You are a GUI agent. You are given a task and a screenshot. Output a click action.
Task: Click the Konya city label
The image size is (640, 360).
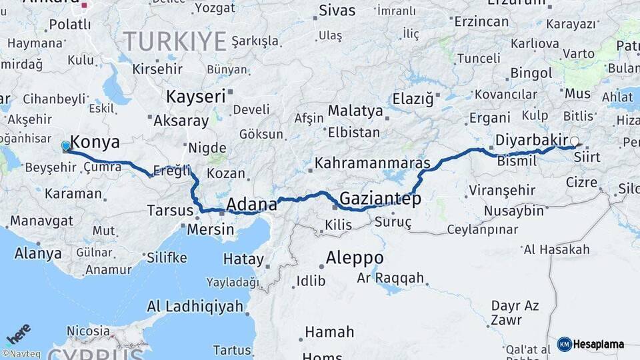tap(95, 142)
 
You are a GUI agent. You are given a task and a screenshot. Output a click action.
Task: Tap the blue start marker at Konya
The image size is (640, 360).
tap(65, 145)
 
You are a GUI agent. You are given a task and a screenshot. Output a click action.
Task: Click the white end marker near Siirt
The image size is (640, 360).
tap(574, 141)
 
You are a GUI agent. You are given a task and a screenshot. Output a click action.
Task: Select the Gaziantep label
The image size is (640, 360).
tap(380, 199)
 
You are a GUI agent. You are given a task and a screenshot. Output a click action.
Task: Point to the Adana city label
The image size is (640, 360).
tap(251, 203)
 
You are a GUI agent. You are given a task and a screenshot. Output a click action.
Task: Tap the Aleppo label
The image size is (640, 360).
tap(355, 258)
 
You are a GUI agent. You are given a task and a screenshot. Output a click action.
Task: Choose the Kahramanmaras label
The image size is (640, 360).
tap(372, 163)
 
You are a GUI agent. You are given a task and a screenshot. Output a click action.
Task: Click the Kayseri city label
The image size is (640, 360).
tap(195, 97)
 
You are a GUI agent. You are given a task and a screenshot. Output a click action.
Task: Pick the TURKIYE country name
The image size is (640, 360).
tap(175, 41)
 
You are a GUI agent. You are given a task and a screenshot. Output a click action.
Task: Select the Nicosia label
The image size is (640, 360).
tap(88, 331)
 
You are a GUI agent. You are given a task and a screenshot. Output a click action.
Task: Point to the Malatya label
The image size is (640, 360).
tap(355, 111)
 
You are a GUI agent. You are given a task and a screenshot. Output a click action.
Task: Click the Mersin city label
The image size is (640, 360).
tap(211, 230)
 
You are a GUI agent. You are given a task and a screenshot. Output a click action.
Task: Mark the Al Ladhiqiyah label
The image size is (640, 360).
tap(195, 306)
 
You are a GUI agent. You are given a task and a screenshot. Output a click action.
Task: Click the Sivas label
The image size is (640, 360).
tap(337, 10)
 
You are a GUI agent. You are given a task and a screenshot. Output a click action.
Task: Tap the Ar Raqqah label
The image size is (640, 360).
tap(390, 278)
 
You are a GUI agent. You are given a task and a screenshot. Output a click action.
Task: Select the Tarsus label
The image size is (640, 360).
tap(169, 211)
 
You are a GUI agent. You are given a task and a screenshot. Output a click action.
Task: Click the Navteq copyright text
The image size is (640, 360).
tap(20, 354)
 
